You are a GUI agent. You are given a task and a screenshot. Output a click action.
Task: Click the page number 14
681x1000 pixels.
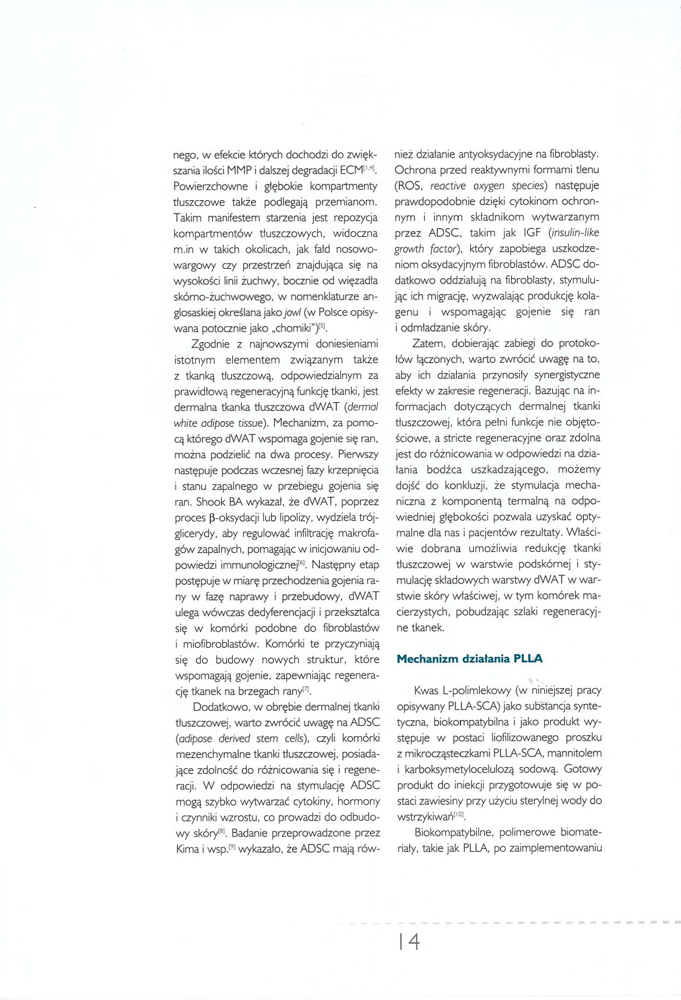click(x=409, y=941)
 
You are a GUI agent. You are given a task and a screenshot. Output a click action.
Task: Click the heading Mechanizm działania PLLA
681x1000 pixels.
click(x=469, y=659)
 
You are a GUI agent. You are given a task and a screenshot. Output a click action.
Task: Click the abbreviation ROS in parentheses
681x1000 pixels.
click(x=410, y=186)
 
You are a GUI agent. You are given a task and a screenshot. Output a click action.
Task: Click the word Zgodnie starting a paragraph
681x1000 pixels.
click(x=211, y=344)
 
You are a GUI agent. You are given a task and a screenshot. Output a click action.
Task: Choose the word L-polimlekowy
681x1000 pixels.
click(x=476, y=691)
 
